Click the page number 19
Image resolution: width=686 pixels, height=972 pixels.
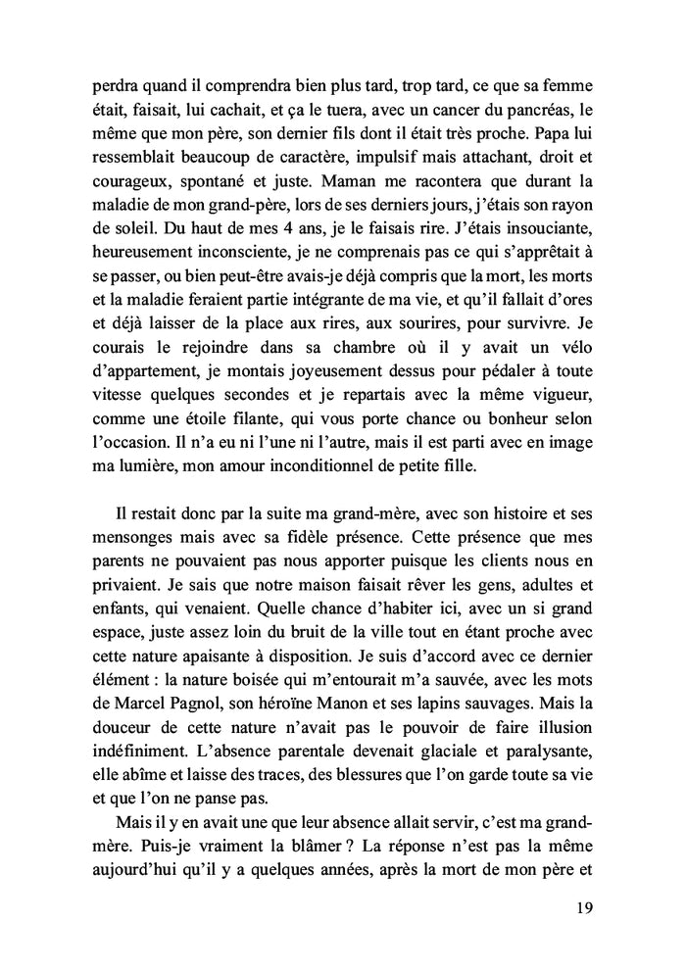pos(582,907)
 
